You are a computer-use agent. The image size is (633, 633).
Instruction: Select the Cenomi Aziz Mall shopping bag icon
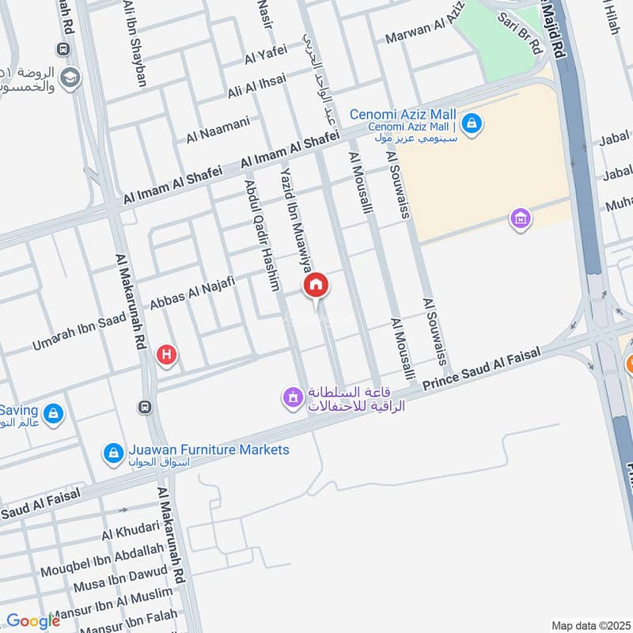pyautogui.click(x=472, y=124)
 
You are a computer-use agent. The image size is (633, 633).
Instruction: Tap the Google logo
pyautogui.click(x=32, y=621)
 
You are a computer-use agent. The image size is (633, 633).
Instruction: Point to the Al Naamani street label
pyautogui.click(x=218, y=129)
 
